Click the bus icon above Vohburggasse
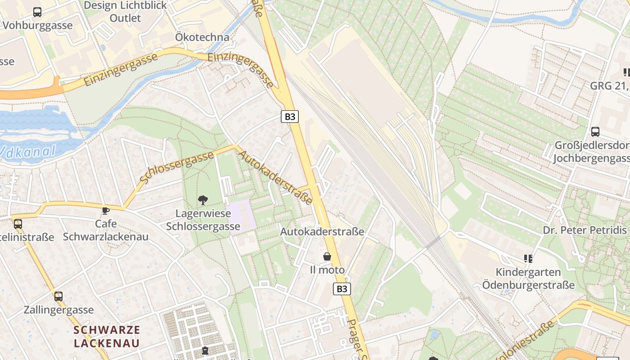[x=37, y=12]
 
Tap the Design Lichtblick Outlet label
[x=125, y=12]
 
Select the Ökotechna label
[x=202, y=37]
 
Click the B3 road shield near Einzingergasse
[x=290, y=117]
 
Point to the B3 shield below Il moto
[x=342, y=288]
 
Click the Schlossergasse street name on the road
[x=176, y=167]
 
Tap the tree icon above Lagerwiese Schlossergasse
[x=203, y=200]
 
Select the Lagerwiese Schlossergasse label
[x=203, y=220]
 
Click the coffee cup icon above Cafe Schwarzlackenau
[x=106, y=211]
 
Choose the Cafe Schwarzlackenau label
[x=106, y=230]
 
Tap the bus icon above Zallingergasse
[x=58, y=297]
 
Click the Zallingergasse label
[x=58, y=310]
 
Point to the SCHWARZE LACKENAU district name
[x=107, y=336]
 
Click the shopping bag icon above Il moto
[x=327, y=256]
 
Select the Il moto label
[x=327, y=270]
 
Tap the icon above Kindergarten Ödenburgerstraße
[x=528, y=259]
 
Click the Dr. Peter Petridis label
[x=584, y=230]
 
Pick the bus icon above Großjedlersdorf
[x=595, y=132]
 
